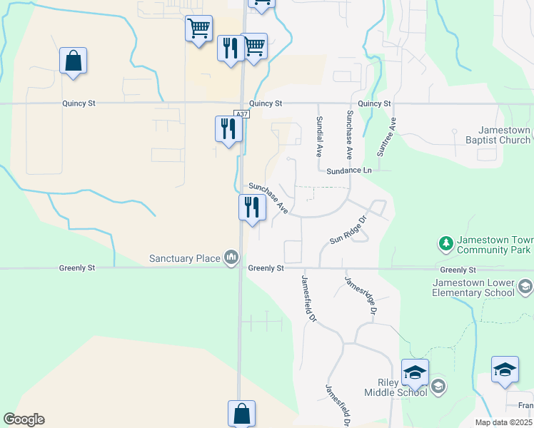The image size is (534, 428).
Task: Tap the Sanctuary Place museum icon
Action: (231, 257)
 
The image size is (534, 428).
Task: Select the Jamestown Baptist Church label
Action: (505, 136)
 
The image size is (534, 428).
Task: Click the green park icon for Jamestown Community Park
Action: (445, 244)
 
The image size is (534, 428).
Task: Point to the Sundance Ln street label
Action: (349, 171)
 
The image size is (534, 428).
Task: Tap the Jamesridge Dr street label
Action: (361, 296)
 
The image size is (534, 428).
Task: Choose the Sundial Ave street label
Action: (320, 136)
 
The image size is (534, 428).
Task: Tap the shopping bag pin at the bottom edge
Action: (241, 414)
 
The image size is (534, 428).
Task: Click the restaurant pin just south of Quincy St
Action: (228, 129)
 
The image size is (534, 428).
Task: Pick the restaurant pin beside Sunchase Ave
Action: (252, 208)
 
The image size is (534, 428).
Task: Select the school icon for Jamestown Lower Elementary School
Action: (525, 287)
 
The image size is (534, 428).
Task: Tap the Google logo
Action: (24, 419)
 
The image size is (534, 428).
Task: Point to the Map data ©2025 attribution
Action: (504, 422)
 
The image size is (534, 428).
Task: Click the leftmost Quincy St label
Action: (79, 103)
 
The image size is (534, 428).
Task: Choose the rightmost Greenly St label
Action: (458, 270)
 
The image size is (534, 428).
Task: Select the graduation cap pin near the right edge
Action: (505, 370)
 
